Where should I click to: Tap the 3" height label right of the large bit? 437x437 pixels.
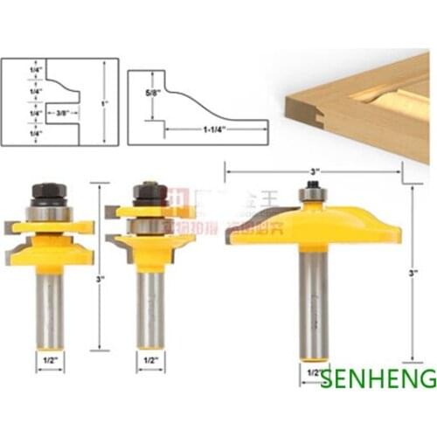pyautogui.click(x=415, y=271)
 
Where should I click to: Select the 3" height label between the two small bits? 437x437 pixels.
pyautogui.click(x=101, y=279)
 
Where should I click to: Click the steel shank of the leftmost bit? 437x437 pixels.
pyautogui.click(x=49, y=306)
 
